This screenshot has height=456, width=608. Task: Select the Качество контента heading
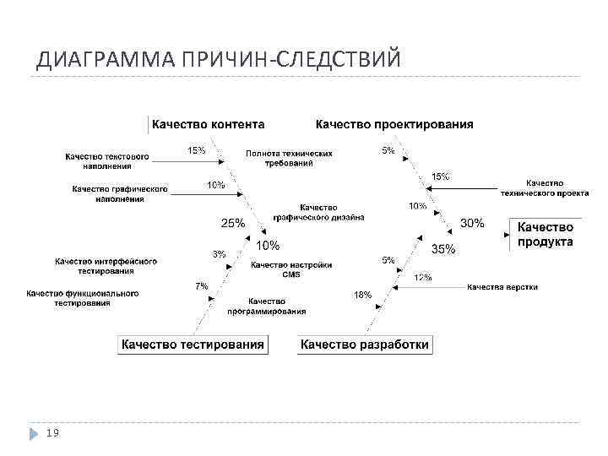pos(208,125)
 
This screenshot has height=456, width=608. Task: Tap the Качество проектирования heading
pos(394,125)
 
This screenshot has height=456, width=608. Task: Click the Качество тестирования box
pos(193,345)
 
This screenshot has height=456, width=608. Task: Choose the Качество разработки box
pos(365,345)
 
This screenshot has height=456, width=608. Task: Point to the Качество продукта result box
pos(545,235)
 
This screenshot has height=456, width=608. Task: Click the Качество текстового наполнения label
pos(107,160)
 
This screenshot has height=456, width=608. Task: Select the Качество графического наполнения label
pos(120,193)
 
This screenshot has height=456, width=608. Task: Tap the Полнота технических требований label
pos(289,159)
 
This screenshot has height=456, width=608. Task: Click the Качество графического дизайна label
pos(318,212)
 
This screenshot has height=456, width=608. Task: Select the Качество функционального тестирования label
pos(83,297)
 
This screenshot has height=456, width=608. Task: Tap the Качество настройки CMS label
pos(290,269)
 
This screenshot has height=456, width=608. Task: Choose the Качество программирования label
pos(266,306)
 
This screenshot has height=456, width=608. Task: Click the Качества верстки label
pos(502,287)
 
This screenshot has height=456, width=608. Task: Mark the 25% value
pos(232,224)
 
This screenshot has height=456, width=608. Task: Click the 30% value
pos(472,223)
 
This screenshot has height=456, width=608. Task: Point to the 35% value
pos(443,249)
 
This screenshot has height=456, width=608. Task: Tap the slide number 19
pos(52,432)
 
